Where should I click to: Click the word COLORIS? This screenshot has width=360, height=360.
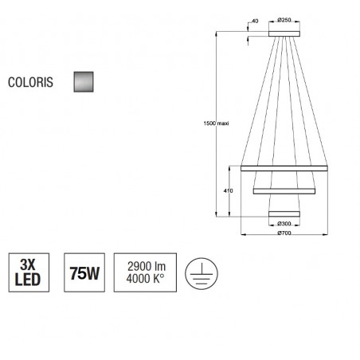pyautogui.click(x=30, y=82)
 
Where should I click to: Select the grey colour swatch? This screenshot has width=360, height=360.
pyautogui.click(x=84, y=82)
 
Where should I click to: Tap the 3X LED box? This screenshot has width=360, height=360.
pyautogui.click(x=29, y=272)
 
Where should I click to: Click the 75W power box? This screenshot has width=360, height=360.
pyautogui.click(x=84, y=272)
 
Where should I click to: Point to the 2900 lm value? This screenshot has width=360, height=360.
pyautogui.click(x=147, y=266)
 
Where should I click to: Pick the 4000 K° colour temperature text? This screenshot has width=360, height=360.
pyautogui.click(x=145, y=279)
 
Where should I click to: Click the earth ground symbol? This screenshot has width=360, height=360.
pyautogui.click(x=202, y=273)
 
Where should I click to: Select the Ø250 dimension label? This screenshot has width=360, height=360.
pyautogui.click(x=284, y=20)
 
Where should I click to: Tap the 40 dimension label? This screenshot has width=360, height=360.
pyautogui.click(x=255, y=21)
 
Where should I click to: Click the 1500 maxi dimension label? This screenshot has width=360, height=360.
pyautogui.click(x=216, y=123)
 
